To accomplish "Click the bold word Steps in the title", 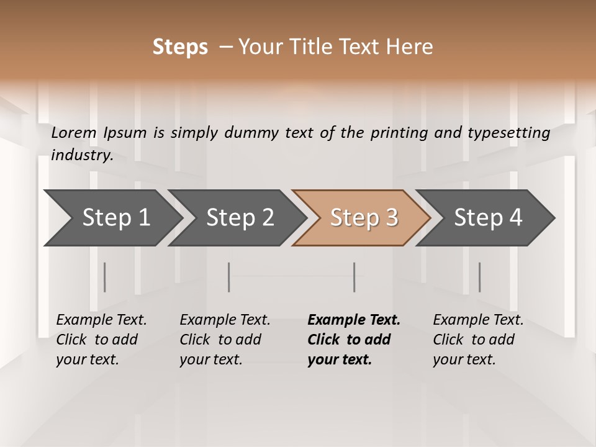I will [x=180, y=47].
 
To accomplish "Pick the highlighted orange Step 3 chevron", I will [x=364, y=217].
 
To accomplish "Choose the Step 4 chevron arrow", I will [x=488, y=217].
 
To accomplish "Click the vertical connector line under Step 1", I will [x=105, y=277].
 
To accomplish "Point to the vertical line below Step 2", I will [x=229, y=277].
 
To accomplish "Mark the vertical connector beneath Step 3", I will [x=354, y=277].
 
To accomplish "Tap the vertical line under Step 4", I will [x=479, y=277].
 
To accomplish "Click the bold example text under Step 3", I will [x=354, y=340].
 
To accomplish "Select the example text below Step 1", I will [x=101, y=340].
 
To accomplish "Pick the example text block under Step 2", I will [x=225, y=340].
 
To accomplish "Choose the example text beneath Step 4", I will [x=478, y=340].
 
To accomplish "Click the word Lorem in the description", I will [x=73, y=133].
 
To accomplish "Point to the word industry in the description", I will [x=82, y=155].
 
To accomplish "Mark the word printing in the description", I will [x=397, y=133].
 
